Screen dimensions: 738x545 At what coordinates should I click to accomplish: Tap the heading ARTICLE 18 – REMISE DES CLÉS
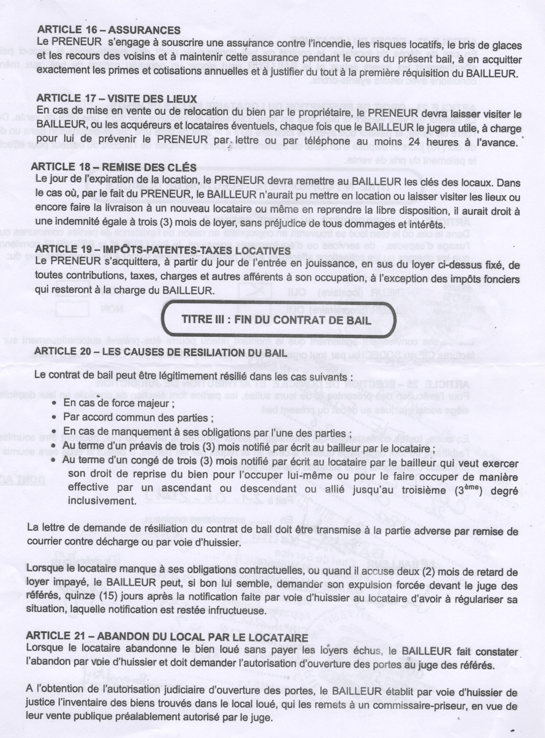[x=113, y=167]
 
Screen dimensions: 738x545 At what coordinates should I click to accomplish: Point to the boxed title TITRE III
[x=276, y=320]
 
